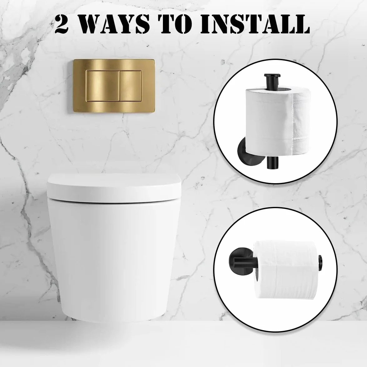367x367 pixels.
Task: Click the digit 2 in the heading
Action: coord(61,24)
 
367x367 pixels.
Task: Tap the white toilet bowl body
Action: coord(114,257)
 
